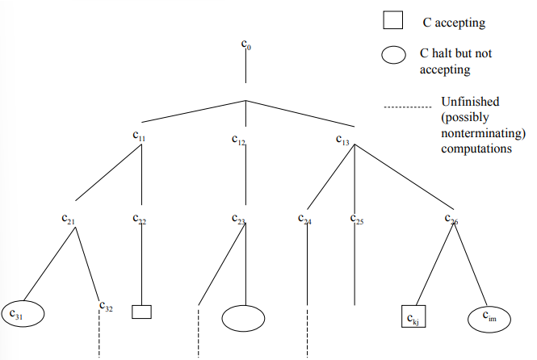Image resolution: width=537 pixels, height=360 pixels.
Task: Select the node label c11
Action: pos(139,137)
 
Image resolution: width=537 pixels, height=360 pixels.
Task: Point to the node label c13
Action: pos(343,138)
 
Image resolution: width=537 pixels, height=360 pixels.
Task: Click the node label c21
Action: pos(69,218)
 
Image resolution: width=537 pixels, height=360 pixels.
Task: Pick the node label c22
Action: pos(139,219)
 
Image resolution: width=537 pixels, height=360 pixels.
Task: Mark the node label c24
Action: pos(304,219)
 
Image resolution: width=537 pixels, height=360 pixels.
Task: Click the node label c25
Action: pos(357,219)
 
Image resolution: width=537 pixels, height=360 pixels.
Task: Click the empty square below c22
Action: pos(141,311)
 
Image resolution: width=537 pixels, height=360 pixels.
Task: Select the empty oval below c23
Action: pos(243,317)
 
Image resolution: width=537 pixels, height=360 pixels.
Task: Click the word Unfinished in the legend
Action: pos(470,102)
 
